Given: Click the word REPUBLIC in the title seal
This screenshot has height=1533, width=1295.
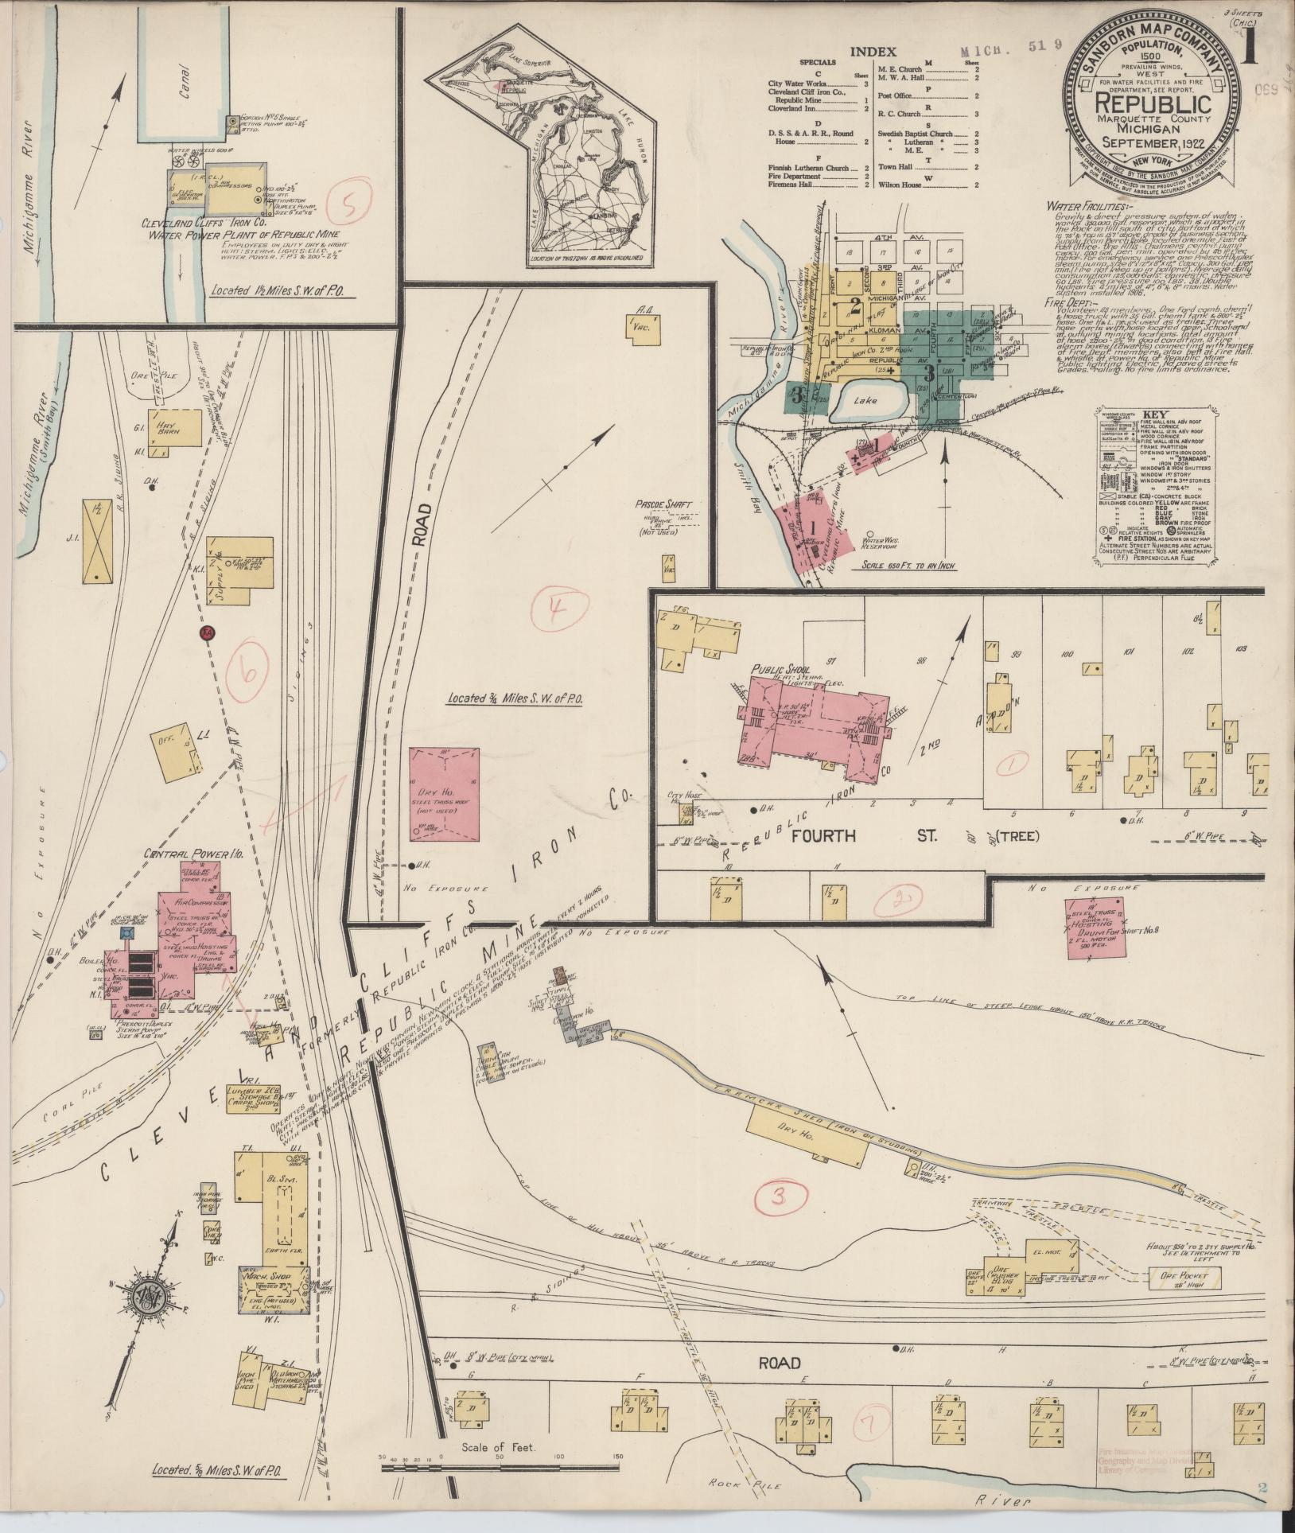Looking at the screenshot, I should click(1153, 103).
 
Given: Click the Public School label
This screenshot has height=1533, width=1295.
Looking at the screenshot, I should click(779, 648).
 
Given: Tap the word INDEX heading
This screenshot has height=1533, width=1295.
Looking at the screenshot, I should click(873, 51).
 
